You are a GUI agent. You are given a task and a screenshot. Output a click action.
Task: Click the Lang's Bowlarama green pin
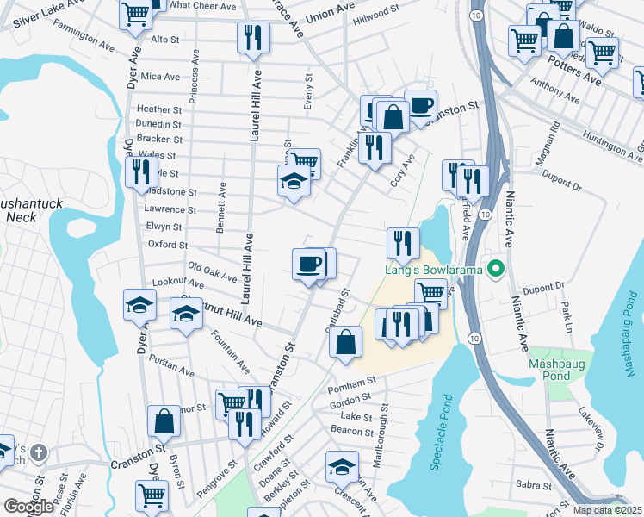pyautogui.click(x=495, y=271)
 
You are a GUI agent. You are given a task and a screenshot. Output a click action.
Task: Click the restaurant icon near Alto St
pyautogui.click(x=253, y=37)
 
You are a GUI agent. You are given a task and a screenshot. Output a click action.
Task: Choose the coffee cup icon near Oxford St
pyautogui.click(x=308, y=264)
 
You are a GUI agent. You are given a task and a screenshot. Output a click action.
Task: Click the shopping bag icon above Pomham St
pyautogui.click(x=345, y=341)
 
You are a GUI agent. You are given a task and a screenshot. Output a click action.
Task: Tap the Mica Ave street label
pyautogui.click(x=160, y=77)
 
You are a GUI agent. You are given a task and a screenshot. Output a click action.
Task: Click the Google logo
pyautogui.click(x=28, y=507)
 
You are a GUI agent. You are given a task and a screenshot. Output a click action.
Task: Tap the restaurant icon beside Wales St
pyautogui.click(x=138, y=171)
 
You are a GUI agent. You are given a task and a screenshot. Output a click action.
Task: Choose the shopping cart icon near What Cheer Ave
pyautogui.click(x=135, y=15)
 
